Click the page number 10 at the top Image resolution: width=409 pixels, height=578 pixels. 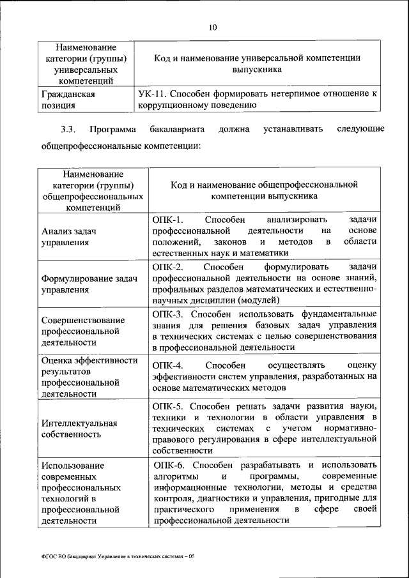coord(213,27)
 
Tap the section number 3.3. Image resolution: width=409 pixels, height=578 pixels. coord(68,130)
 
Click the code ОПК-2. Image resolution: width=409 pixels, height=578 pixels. coord(168,266)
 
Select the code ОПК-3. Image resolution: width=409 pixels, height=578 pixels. coord(168,314)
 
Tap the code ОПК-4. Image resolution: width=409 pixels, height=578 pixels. coord(168,365)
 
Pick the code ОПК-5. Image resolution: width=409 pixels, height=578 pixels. coord(168,406)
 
